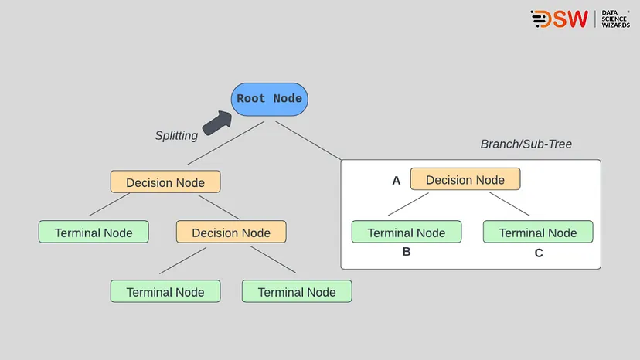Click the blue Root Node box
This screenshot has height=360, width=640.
270,99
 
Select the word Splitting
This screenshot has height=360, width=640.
176,135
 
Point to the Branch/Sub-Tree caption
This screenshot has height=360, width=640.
526,144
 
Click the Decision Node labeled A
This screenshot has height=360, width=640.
465,180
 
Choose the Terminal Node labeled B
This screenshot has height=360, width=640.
406,233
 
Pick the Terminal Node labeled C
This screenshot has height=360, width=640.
537,233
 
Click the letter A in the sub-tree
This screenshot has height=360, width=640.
397,181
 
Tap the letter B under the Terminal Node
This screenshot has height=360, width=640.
407,252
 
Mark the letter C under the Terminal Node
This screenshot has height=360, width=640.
538,253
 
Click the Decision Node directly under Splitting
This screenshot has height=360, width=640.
165,182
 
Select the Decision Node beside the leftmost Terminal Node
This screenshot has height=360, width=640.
230,233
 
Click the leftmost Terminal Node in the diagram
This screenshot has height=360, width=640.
94,233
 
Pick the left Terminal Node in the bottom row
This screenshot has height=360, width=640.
165,292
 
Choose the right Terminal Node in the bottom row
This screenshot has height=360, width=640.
297,292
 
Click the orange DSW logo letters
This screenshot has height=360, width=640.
559,19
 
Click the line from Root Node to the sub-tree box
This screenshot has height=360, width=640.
309,141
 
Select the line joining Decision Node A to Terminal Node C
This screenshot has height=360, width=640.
509,204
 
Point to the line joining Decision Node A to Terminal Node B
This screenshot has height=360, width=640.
408,204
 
